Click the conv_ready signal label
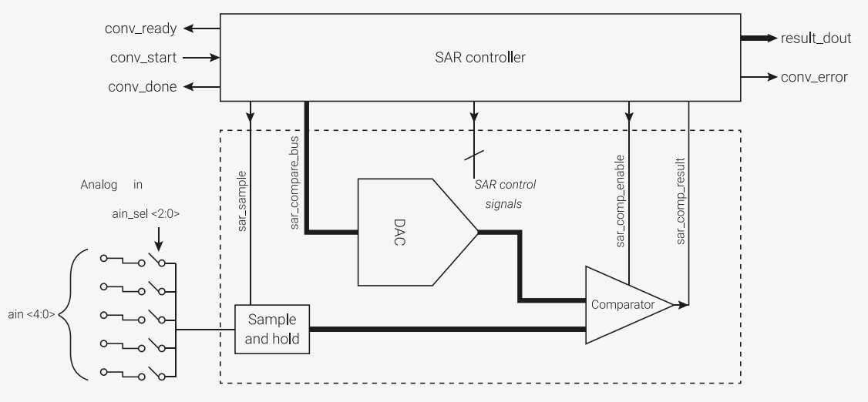coord(140,28)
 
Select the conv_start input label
coord(143,58)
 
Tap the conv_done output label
coord(143,86)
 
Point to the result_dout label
coord(816,39)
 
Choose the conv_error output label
coord(814,77)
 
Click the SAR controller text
coord(480,57)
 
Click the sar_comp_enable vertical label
coord(620,200)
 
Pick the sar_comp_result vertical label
coord(681,201)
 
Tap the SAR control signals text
coord(504,194)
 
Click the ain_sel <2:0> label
coord(146,215)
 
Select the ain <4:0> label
coord(32,314)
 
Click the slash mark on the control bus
coord(474,156)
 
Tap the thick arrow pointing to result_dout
coord(759,39)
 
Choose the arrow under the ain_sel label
coord(158,238)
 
